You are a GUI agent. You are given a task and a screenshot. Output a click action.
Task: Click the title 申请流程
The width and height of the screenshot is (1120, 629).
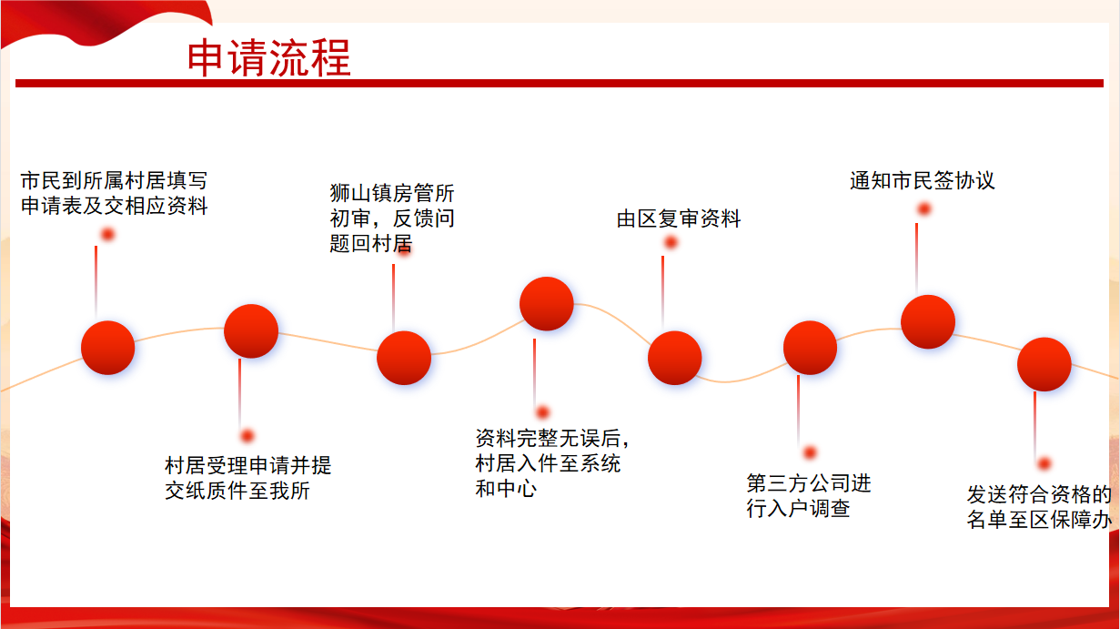(x=269, y=58)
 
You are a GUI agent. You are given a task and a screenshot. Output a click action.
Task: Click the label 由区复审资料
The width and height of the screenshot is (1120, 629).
(x=679, y=218)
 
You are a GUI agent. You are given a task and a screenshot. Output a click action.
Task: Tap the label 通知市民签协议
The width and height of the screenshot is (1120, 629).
(x=922, y=180)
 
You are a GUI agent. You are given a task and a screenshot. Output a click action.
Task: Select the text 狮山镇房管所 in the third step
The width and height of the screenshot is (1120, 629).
(x=391, y=193)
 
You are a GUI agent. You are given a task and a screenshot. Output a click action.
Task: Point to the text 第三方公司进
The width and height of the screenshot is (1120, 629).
(x=809, y=483)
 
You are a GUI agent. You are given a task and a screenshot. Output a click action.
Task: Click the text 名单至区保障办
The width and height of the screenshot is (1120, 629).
(x=1039, y=520)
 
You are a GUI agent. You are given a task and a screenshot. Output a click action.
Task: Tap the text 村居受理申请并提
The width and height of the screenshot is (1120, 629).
(x=248, y=465)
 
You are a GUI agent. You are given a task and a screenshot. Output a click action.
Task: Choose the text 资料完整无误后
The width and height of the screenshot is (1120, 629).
(x=548, y=439)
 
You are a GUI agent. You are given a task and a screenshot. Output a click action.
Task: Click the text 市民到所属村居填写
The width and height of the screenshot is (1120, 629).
(x=114, y=180)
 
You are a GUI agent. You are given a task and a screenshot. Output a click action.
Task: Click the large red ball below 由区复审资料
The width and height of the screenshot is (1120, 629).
(x=674, y=358)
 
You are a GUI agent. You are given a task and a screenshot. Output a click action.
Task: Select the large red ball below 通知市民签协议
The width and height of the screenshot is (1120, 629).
(x=928, y=321)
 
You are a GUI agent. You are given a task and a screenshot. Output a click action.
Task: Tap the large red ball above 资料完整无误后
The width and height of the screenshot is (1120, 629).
(x=547, y=304)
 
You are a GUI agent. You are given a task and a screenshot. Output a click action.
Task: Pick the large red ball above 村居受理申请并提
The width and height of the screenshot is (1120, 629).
(x=251, y=330)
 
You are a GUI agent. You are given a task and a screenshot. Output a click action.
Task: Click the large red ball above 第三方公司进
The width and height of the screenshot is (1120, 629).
(x=810, y=348)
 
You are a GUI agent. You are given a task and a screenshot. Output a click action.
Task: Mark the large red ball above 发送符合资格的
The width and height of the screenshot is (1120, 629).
(x=1044, y=364)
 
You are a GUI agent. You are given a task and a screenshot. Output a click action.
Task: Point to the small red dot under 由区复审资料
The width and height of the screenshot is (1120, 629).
(x=671, y=243)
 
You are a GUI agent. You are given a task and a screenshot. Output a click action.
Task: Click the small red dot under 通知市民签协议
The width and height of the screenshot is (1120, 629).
(x=924, y=208)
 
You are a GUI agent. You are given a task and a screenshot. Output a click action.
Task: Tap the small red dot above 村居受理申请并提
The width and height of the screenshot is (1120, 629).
(x=247, y=436)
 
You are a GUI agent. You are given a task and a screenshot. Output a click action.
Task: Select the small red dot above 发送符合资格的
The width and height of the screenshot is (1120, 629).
(x=1044, y=464)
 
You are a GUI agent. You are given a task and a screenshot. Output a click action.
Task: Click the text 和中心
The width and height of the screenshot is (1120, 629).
(x=506, y=489)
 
